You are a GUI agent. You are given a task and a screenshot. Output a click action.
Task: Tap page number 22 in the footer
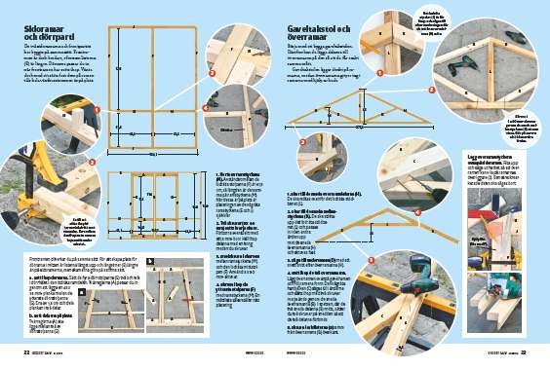tap(27, 352)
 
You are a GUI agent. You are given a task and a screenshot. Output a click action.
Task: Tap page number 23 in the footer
tap(523, 352)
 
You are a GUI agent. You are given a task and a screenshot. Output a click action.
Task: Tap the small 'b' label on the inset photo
tap(149, 262)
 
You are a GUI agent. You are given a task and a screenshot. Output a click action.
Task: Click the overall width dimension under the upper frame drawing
tap(154, 154)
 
